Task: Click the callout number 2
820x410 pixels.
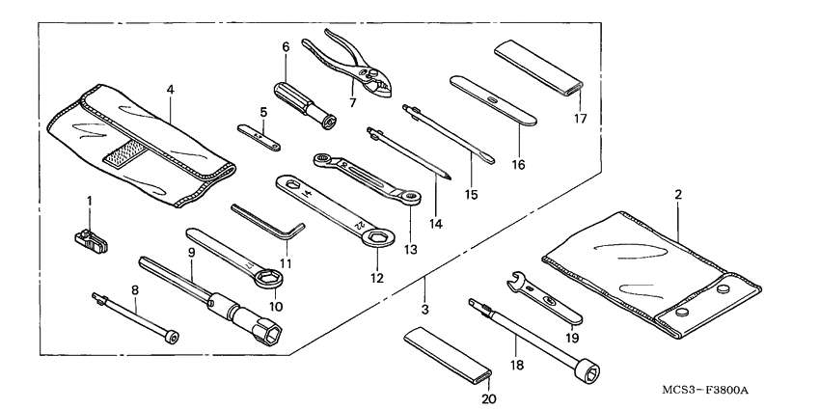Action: (x=678, y=195)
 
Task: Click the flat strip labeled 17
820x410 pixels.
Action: (x=539, y=65)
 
